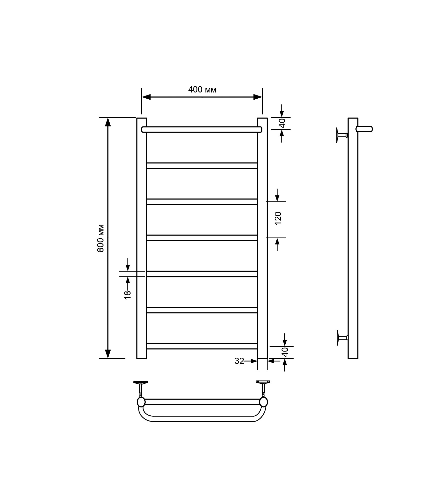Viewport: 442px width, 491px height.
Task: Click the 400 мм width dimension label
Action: tap(202, 90)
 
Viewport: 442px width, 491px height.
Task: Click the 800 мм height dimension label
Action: tap(101, 238)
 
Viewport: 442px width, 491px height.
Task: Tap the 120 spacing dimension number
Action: tap(278, 218)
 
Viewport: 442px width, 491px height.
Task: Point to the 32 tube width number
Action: tap(239, 361)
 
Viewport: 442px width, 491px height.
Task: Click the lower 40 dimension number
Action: tap(285, 352)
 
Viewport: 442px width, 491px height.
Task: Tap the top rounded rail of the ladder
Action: tap(202, 129)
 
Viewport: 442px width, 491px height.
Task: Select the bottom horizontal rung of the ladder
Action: tap(202, 346)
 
